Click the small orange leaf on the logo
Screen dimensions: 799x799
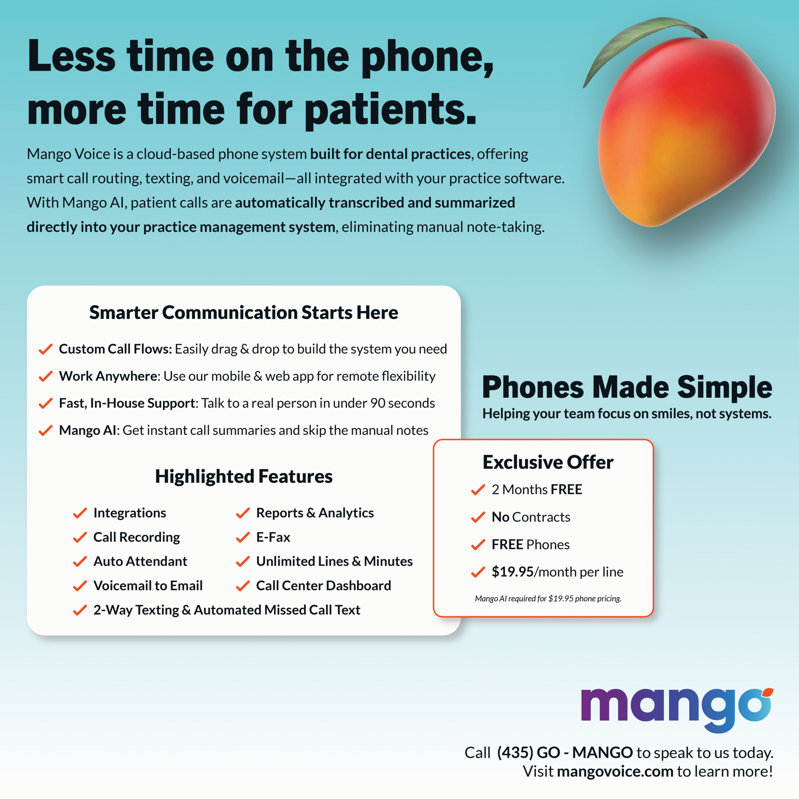(x=768, y=692)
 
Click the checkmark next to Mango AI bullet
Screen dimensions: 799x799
(x=46, y=430)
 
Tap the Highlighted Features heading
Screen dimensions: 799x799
(x=243, y=476)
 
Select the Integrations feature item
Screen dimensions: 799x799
(x=130, y=513)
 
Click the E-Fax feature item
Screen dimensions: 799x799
(x=273, y=537)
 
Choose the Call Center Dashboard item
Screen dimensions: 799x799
(x=323, y=586)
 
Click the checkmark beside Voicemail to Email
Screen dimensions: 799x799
(x=80, y=586)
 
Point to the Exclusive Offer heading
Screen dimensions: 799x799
(x=548, y=462)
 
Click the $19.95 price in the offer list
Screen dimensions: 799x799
(x=512, y=572)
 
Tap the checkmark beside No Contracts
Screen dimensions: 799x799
(x=478, y=517)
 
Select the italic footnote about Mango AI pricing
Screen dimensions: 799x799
(x=548, y=598)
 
